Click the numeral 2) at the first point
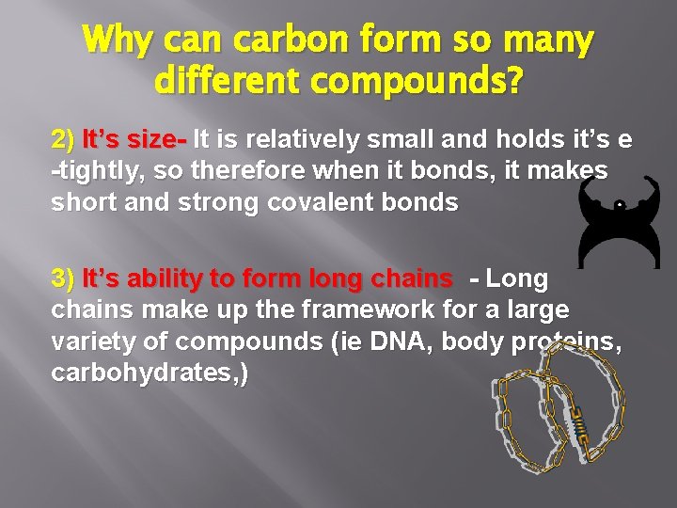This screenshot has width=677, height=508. (x=63, y=141)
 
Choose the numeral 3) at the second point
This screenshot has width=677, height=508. (x=63, y=279)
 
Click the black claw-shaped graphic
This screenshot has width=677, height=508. (x=618, y=221)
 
